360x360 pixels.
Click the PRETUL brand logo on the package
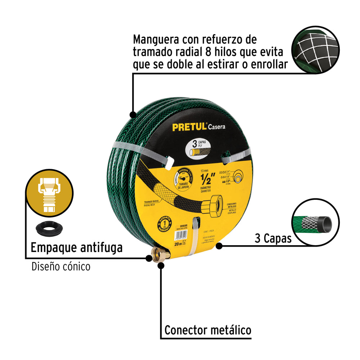click(x=189, y=127)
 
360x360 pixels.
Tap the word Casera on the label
click(x=217, y=126)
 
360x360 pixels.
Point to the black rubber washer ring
click(x=49, y=229)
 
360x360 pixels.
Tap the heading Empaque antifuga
click(x=76, y=248)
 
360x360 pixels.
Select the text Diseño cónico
click(x=61, y=266)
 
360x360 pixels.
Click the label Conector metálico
click(x=208, y=330)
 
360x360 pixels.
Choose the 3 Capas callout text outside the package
click(x=273, y=239)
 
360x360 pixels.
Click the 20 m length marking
click(x=177, y=244)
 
